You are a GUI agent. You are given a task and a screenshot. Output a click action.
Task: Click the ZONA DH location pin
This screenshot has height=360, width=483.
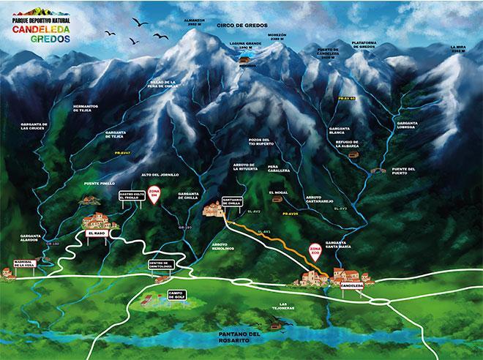pyautogui.click(x=154, y=194)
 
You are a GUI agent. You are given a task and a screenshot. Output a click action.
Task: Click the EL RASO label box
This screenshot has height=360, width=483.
pyautogui.click(x=97, y=233)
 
